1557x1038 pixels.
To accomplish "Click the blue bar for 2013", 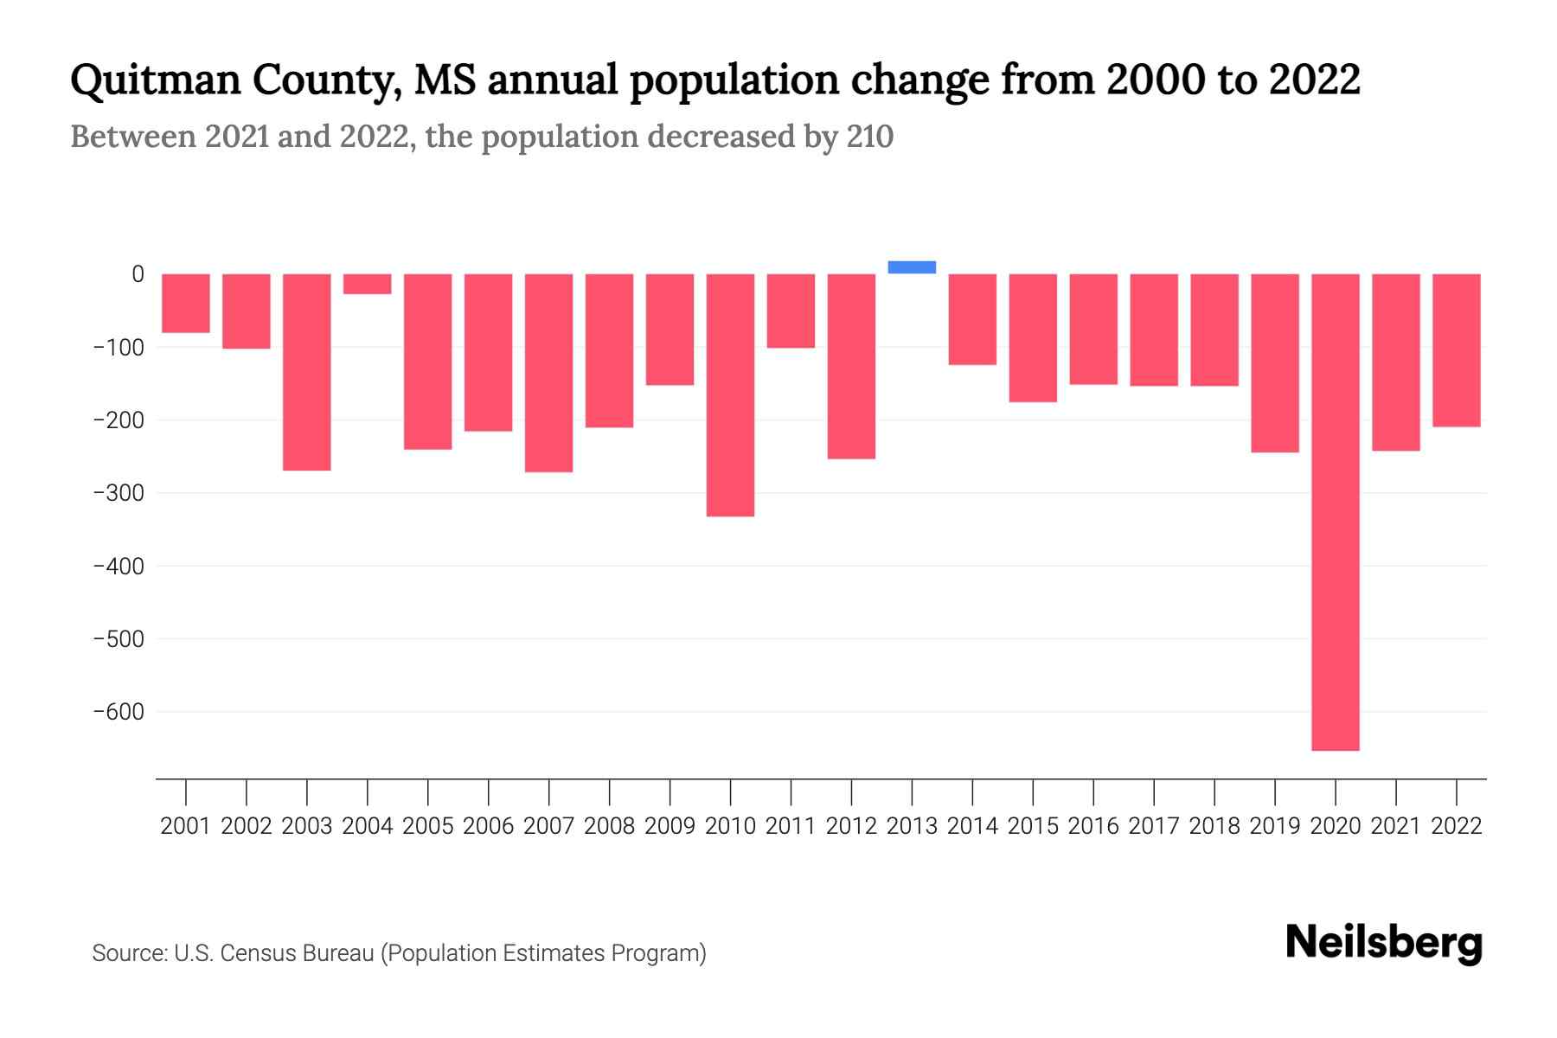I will [912, 267].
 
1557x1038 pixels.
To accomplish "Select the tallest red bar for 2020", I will [1335, 511].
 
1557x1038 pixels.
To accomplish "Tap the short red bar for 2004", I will [367, 284].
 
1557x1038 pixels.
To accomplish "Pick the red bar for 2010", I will [730, 394].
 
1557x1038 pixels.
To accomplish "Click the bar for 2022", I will [1456, 349].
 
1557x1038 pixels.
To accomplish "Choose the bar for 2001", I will [186, 303].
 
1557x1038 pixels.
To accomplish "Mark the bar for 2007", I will [548, 372].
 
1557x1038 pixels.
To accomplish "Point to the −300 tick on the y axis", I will [119, 493].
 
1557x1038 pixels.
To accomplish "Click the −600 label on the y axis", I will [119, 712].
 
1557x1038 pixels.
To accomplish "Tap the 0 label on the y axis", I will [138, 274].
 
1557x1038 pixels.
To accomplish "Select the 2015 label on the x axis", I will [1033, 826].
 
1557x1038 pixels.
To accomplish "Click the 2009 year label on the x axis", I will [670, 826].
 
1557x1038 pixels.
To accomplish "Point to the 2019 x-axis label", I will [1274, 826].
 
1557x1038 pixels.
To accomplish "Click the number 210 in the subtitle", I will [869, 137].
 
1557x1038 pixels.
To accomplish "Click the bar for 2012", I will [851, 366].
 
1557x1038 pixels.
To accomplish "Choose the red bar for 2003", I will [306, 372].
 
